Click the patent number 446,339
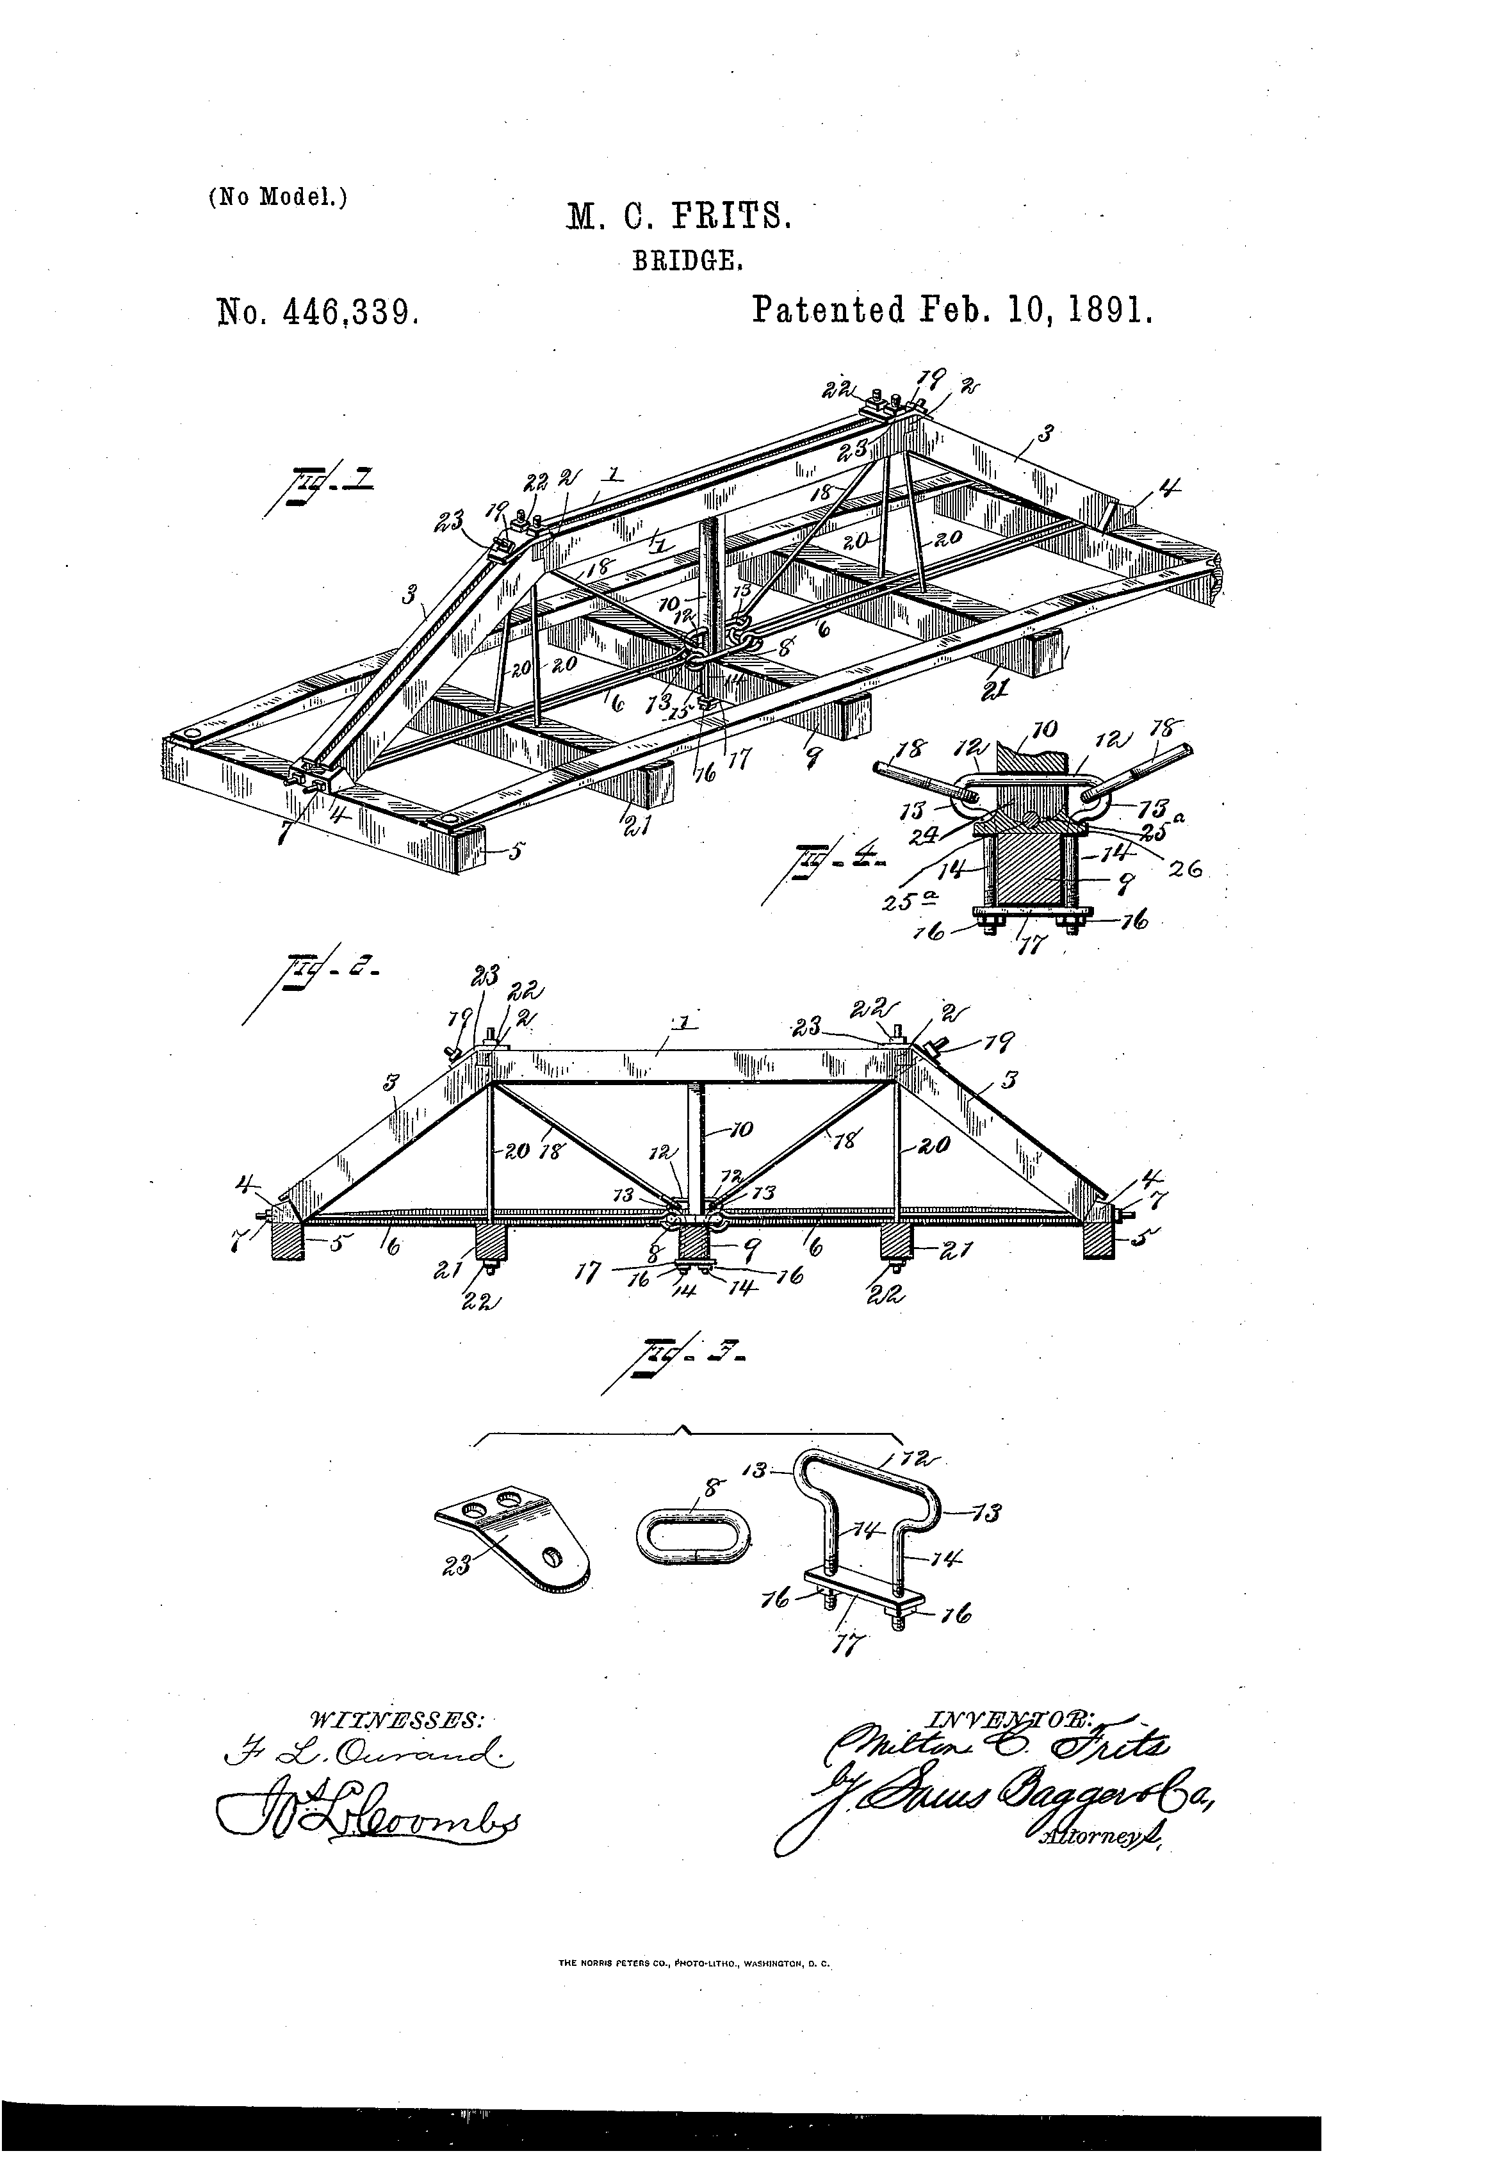pyautogui.click(x=318, y=311)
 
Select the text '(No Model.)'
pyautogui.click(x=277, y=197)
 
